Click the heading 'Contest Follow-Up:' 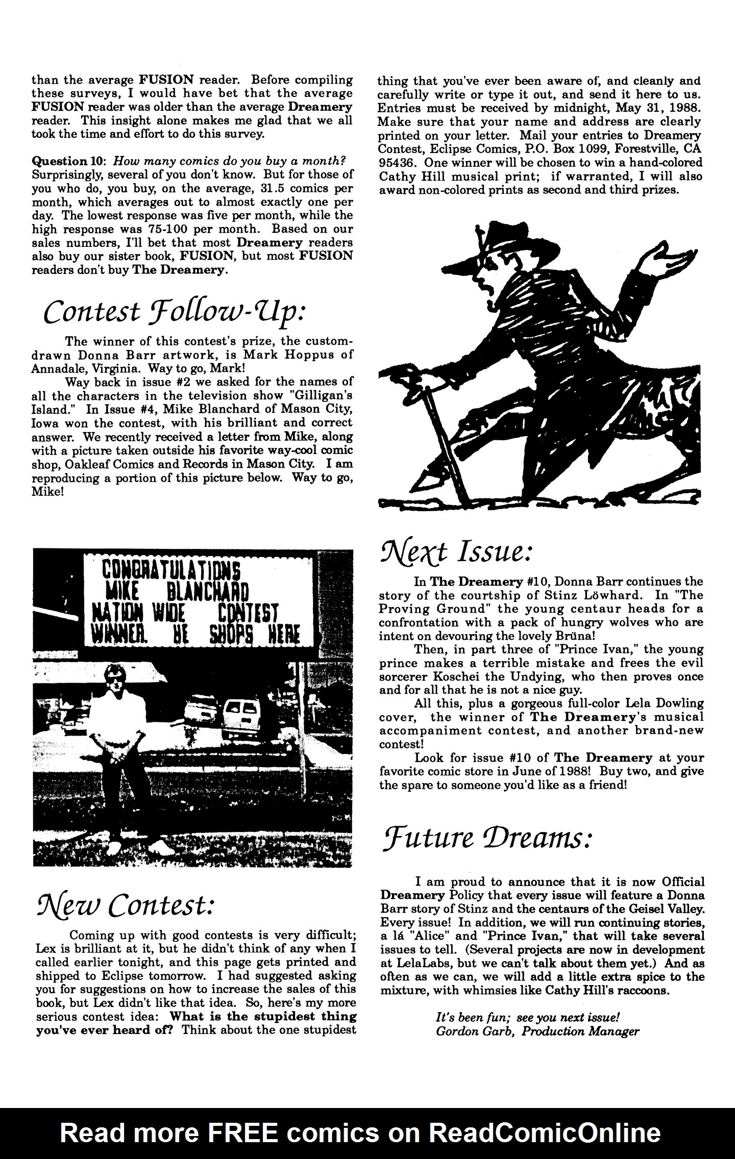tap(174, 312)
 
